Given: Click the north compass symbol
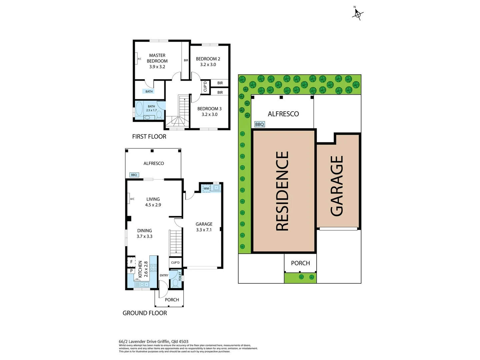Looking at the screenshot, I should [x=357, y=14].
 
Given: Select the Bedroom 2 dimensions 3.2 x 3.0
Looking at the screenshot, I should [x=208, y=65].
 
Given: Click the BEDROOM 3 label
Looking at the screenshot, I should [x=209, y=109].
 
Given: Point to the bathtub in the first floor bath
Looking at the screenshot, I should [x=139, y=109].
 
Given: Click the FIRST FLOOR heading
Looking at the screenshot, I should [x=149, y=137].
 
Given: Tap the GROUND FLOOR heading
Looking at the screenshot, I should [x=145, y=313].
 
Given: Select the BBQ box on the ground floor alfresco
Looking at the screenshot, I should [x=134, y=175].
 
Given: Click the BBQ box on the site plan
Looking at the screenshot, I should [x=259, y=124].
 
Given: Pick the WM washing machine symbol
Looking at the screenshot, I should [x=206, y=189].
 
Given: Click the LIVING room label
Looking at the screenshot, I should [x=153, y=199].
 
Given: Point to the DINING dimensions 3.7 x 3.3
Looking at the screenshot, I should [x=144, y=236].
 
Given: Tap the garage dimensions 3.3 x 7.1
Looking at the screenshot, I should [x=204, y=230].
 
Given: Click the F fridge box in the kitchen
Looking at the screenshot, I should [x=131, y=262].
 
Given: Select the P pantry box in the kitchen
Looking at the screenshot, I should [x=131, y=271].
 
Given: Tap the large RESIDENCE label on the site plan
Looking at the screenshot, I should [x=282, y=191].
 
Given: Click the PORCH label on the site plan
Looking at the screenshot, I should [x=300, y=263].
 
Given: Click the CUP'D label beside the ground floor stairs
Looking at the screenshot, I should [x=175, y=263].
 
